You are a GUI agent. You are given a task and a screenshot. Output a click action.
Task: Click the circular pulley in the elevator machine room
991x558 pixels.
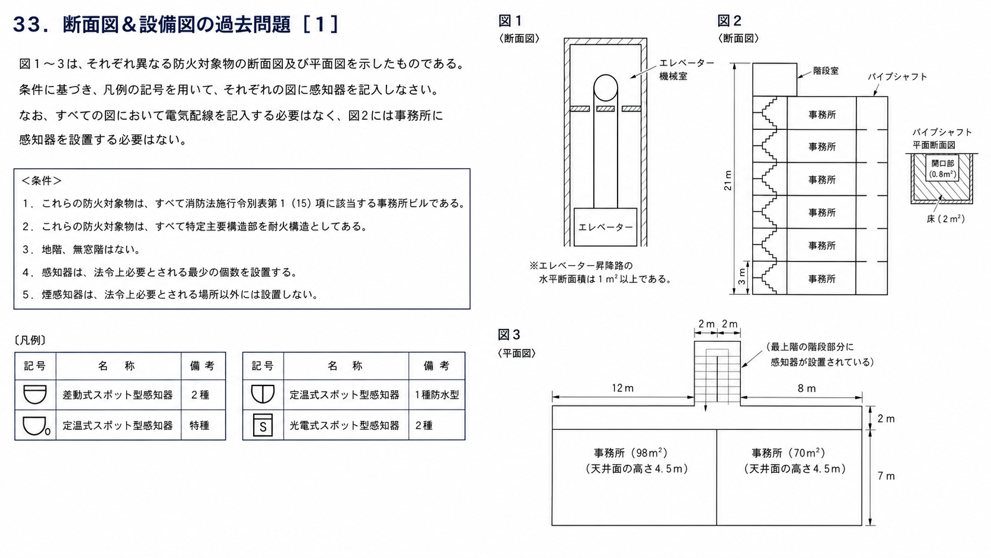point(605,88)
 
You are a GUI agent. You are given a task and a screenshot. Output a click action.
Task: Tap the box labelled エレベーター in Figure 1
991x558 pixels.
point(605,227)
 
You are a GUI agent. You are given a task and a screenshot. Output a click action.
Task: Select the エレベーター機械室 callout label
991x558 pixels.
point(686,69)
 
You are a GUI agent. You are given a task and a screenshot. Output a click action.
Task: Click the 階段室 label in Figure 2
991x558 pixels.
point(826,71)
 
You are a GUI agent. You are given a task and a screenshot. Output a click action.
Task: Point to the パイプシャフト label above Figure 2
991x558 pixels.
point(897,76)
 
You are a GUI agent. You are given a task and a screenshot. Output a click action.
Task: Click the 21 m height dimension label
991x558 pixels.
point(728,180)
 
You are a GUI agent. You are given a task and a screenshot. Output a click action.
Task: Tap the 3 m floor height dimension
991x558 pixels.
point(742,277)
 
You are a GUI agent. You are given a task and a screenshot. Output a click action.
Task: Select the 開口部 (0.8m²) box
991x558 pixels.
point(942,168)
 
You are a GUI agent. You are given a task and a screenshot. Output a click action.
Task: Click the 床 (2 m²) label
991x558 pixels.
point(945,219)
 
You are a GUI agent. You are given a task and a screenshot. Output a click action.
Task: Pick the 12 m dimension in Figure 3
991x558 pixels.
point(622,388)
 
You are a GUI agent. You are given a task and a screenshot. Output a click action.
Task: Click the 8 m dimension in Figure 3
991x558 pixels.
point(807,388)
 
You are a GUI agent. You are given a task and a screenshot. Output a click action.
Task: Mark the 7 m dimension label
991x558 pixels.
point(886,476)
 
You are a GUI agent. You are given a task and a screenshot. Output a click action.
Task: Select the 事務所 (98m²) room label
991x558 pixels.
point(631,452)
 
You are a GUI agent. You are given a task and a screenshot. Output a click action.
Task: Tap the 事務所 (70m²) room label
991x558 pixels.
point(788,452)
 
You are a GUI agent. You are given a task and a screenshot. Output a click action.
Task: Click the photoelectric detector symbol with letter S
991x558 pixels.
point(263,425)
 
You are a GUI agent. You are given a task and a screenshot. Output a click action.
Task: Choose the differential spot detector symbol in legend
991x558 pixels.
point(35,394)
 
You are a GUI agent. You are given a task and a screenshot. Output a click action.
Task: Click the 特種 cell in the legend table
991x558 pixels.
point(200,425)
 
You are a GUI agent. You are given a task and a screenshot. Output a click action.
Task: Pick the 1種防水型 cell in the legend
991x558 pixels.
point(437,395)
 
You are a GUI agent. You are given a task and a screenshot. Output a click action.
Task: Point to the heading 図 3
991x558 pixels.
point(509,334)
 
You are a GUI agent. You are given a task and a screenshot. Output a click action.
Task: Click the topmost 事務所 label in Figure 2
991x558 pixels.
point(822,114)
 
